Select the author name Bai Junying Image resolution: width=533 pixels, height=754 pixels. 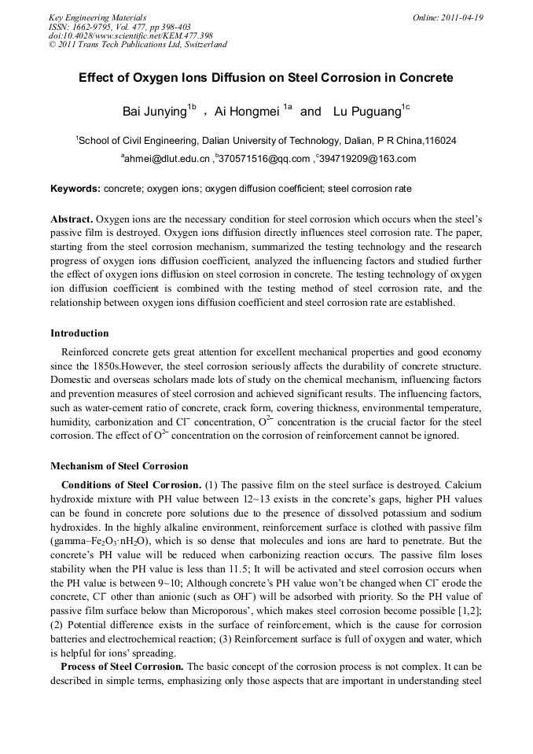[x=153, y=112]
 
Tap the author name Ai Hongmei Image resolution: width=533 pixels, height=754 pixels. [x=247, y=112]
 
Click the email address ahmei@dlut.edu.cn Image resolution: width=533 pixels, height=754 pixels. [x=166, y=160]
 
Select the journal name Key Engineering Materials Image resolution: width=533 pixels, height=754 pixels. [x=97, y=17]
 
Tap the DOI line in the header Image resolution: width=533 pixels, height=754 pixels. [x=130, y=35]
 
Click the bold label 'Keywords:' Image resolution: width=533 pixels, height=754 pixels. [x=75, y=189]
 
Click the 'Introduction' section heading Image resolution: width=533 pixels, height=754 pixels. [x=79, y=333]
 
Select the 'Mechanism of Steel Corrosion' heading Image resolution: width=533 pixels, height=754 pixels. [x=119, y=465]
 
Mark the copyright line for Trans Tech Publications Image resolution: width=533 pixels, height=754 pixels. [x=138, y=45]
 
